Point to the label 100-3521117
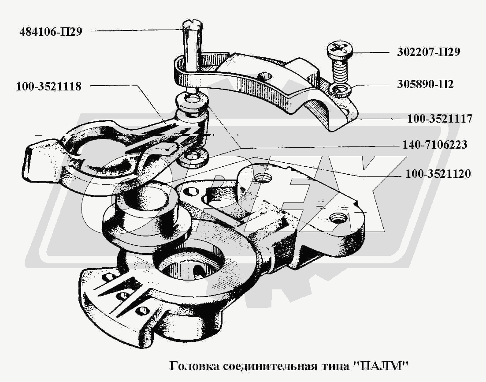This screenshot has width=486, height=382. pos(439,119)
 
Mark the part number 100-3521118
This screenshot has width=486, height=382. pos(48,86)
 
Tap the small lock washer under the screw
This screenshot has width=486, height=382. pos(341,90)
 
